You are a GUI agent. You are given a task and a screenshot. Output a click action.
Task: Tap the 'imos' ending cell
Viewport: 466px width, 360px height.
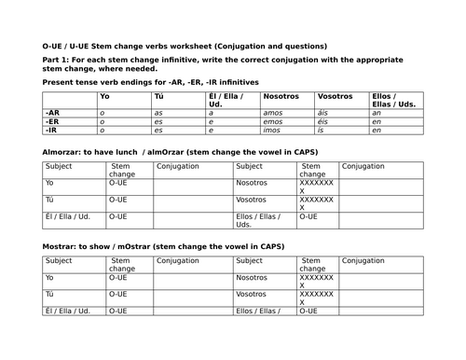273,131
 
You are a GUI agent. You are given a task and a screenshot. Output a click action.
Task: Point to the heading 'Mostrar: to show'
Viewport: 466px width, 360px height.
80,246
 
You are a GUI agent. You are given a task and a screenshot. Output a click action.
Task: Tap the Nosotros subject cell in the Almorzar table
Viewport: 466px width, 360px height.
252,183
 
